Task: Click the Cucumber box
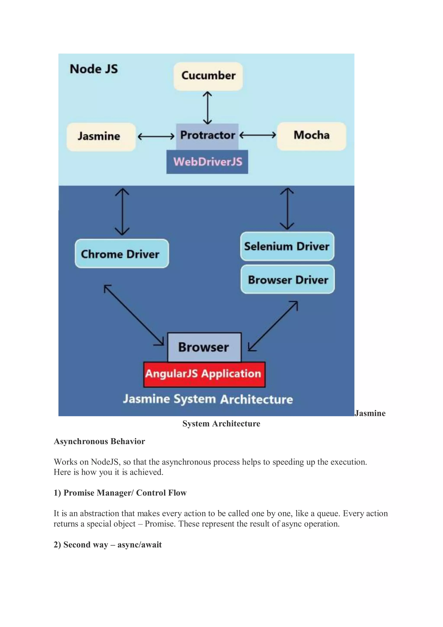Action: click(208, 76)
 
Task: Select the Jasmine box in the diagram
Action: click(101, 137)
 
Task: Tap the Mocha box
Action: click(311, 136)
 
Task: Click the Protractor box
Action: click(207, 135)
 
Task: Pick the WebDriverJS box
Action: click(207, 162)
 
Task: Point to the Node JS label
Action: click(94, 69)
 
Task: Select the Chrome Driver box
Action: click(122, 254)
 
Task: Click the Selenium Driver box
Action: click(287, 246)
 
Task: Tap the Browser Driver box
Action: click(288, 280)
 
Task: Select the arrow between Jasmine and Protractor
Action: click(156, 136)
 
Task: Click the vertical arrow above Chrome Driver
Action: click(122, 211)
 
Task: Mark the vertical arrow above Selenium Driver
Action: click(287, 209)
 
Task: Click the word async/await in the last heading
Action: click(140, 545)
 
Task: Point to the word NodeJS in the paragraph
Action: click(105, 462)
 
